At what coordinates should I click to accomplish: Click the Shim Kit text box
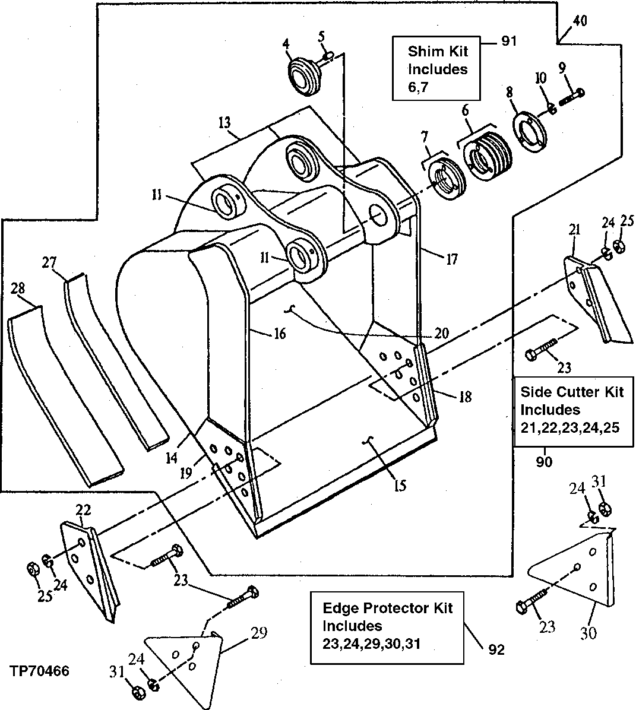pos(436,68)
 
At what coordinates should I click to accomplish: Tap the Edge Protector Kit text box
pos(387,626)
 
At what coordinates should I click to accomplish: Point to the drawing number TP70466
pos(39,671)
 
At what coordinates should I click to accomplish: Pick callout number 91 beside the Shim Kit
pos(509,41)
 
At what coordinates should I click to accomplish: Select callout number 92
pos(496,649)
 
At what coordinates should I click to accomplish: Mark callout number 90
pos(544,462)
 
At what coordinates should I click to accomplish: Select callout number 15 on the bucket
pos(400,485)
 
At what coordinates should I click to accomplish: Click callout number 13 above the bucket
pos(225,123)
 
